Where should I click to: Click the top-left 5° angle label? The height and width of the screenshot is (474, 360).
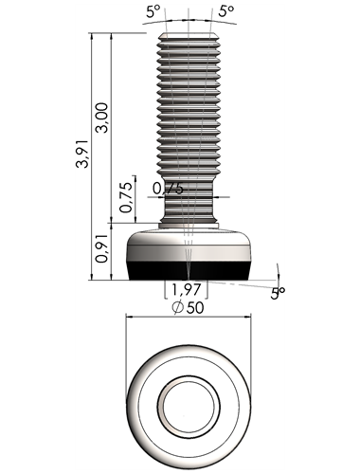[x=153, y=10]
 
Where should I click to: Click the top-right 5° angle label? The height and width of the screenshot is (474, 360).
[x=226, y=10]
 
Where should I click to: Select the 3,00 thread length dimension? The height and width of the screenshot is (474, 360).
[x=102, y=118]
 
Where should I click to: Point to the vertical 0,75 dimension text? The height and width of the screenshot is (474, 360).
[x=126, y=197]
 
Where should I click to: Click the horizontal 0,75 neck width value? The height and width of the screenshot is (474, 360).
[x=168, y=189]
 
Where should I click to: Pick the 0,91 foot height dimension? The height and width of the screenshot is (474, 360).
[x=102, y=248]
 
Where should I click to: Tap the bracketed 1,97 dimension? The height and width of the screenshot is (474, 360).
[x=186, y=289]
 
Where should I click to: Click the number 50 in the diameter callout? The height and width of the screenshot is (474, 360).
[x=195, y=308]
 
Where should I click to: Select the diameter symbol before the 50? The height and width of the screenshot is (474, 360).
[x=178, y=307]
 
